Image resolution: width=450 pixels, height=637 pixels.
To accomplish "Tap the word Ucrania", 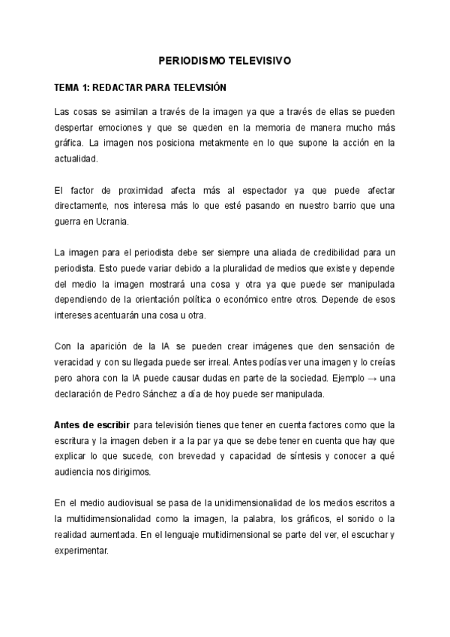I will [x=116, y=222].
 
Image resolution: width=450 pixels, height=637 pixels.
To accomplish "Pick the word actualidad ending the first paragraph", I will [x=76, y=159].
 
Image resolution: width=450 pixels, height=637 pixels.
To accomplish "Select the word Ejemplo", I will [x=340, y=378].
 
